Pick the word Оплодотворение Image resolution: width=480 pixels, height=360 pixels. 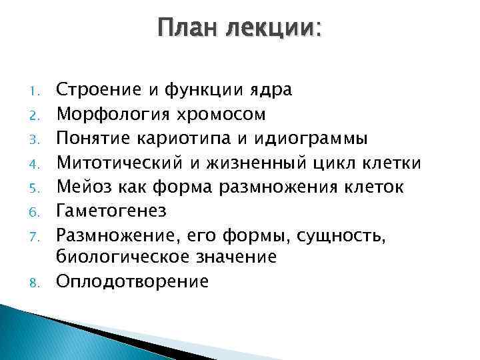(131, 281)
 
